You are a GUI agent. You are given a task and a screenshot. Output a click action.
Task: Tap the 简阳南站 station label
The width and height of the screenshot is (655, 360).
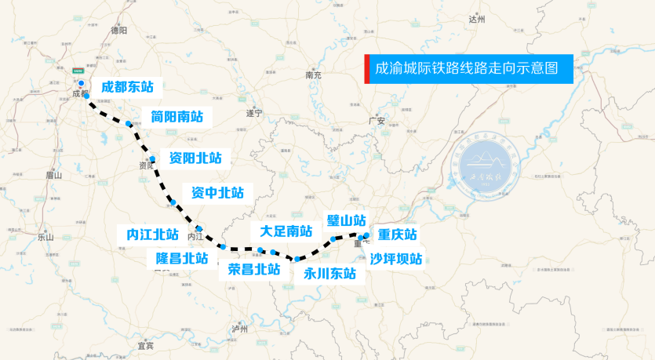176,117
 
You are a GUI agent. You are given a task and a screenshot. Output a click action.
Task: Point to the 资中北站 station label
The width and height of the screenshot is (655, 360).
217,192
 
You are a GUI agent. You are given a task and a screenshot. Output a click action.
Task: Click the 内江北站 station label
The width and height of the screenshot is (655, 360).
153,234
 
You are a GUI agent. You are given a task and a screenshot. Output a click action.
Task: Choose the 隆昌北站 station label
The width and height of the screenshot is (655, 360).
182,257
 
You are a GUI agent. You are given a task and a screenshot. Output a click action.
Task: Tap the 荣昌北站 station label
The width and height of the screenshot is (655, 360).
254,268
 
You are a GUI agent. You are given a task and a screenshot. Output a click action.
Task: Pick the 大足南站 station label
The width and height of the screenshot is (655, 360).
286,231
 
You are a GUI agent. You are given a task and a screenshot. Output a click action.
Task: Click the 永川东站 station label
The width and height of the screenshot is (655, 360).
329,274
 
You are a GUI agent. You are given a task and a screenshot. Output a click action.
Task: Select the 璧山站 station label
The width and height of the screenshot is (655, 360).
347,220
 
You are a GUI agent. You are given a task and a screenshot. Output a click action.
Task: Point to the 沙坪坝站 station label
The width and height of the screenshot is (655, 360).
396,258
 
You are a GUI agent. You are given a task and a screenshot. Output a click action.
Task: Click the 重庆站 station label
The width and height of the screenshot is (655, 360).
398,234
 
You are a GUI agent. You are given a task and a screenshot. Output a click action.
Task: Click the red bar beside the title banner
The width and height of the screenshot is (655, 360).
367,68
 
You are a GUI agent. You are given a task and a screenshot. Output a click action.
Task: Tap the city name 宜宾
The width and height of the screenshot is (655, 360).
144,344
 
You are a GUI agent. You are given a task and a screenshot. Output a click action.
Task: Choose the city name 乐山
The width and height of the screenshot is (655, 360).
45,236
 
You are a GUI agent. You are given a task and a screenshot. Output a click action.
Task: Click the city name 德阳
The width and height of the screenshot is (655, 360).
119,31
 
